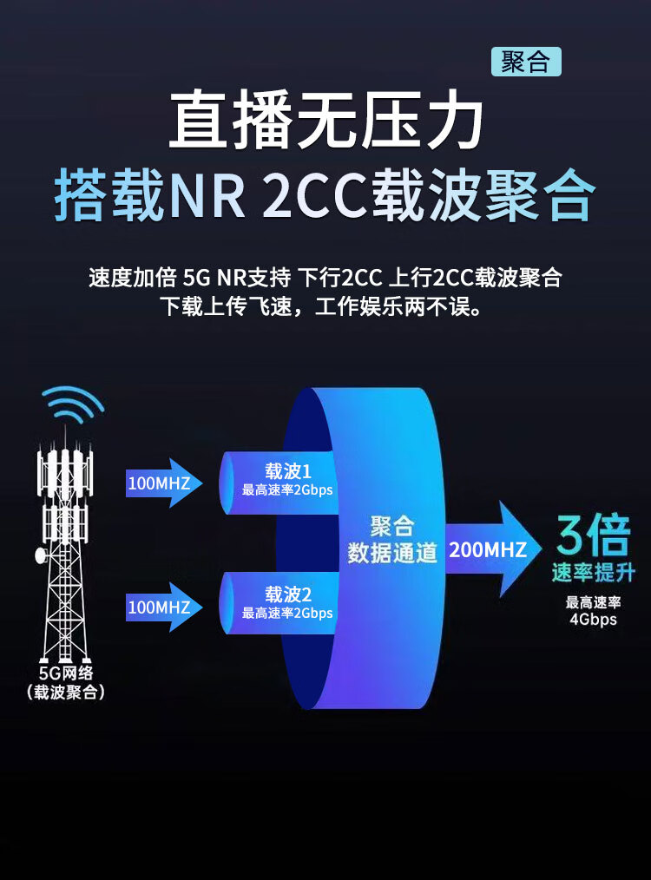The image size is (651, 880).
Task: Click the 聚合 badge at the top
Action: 526,62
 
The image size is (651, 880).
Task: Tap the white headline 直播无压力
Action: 325,122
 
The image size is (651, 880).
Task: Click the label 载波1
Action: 287,471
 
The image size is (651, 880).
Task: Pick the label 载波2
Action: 287,594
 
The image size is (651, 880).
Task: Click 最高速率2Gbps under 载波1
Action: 287,489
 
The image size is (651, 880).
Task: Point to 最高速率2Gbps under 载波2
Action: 287,613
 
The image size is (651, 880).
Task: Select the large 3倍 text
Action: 593,536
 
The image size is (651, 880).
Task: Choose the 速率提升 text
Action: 593,573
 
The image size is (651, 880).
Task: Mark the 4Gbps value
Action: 593,619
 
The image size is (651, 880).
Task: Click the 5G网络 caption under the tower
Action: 66,673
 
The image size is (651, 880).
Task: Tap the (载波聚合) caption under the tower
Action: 66,692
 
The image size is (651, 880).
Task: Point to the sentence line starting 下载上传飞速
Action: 325,307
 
